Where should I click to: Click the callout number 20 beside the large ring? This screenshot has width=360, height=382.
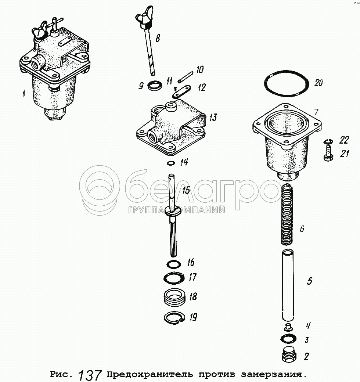[x=318, y=83]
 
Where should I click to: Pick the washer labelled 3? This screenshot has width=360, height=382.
[x=289, y=338]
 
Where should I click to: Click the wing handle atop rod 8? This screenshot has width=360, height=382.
[x=142, y=17]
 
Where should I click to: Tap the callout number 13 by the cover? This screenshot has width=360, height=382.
[x=213, y=118]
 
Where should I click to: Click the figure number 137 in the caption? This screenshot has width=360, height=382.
[x=90, y=374]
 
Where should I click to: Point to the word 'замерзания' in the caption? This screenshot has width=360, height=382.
[x=272, y=375]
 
